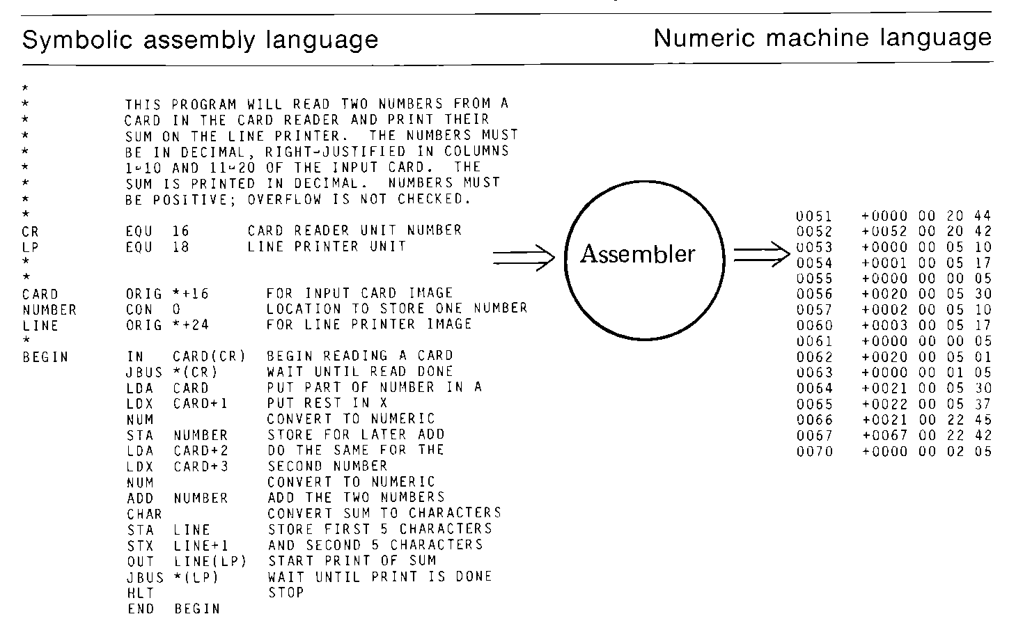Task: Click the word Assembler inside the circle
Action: click(637, 255)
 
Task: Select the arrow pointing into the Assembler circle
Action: click(524, 258)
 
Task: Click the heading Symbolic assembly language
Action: click(201, 40)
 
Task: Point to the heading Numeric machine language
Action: click(822, 38)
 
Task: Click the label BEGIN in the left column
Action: click(45, 357)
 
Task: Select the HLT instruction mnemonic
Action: click(140, 593)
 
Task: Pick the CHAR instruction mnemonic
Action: click(144, 514)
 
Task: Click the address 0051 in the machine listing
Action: click(814, 217)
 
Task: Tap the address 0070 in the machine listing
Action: click(814, 452)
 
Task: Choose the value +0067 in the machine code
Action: click(884, 436)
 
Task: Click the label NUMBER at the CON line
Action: click(49, 310)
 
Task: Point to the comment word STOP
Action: click(286, 593)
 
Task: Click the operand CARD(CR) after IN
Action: click(210, 356)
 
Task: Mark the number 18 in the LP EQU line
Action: click(181, 247)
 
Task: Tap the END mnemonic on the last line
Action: click(140, 609)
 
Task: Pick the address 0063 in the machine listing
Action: click(814, 373)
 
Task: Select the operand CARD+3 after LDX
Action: click(201, 466)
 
